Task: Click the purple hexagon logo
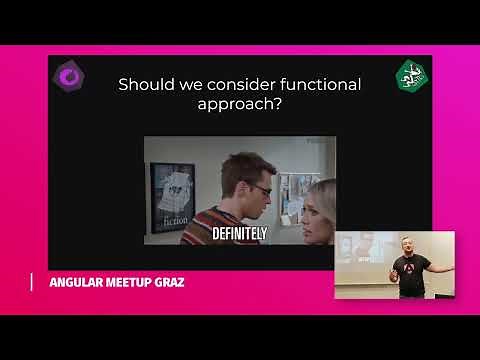(70, 76)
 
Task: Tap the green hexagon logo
(409, 74)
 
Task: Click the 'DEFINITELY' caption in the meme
(240, 233)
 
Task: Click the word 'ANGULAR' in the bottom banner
(78, 282)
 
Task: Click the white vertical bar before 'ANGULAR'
(31, 282)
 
